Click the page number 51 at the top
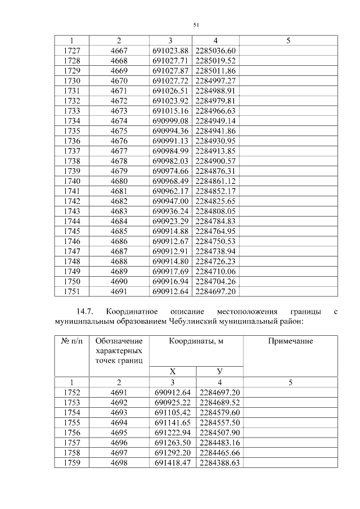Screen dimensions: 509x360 coord(196,25)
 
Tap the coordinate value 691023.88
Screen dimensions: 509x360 coord(170,51)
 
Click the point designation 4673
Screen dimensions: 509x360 coord(119,111)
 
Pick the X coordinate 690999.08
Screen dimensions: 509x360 coord(170,120)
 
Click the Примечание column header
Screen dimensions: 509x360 coord(290,341)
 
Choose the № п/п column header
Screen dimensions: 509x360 coord(71,341)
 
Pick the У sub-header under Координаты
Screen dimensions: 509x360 coord(219,371)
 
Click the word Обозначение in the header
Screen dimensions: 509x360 coord(119,341)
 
